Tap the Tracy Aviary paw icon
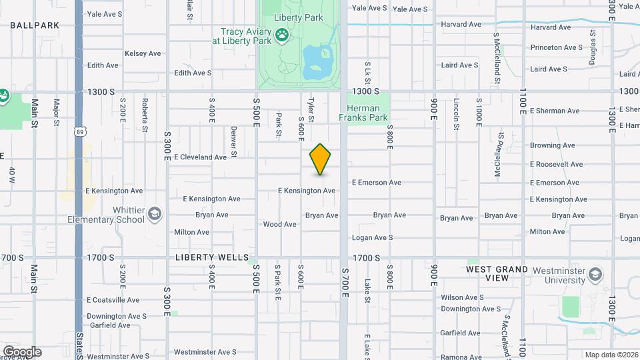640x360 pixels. (283, 33)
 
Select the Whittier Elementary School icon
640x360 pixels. (155, 213)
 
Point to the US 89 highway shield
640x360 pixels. (79, 133)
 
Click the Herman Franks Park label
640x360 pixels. (363, 113)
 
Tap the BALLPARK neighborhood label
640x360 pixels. (35, 25)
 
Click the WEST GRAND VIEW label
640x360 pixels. (497, 274)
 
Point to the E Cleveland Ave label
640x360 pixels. (201, 157)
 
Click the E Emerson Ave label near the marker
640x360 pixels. (376, 183)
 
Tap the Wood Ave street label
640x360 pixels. (280, 225)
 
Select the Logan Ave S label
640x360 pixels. (373, 238)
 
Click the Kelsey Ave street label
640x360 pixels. (143, 53)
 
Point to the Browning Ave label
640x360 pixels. (552, 145)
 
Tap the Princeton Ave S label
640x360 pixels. (557, 48)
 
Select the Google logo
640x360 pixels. (22, 352)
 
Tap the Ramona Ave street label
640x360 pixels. (461, 357)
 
